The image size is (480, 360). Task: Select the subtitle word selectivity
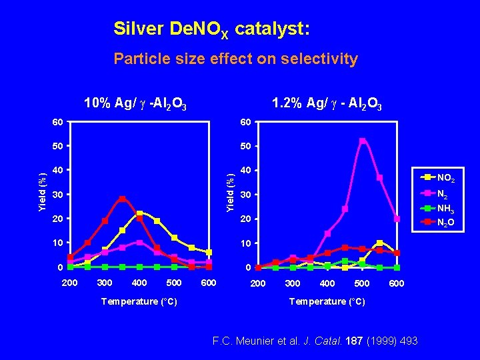click(322, 59)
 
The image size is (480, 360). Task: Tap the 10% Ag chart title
click(135, 103)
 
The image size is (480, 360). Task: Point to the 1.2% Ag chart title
click(327, 103)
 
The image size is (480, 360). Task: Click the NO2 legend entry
click(446, 178)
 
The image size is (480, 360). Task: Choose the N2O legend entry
click(446, 222)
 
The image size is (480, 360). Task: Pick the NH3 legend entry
click(446, 207)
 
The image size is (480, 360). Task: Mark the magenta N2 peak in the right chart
click(362, 141)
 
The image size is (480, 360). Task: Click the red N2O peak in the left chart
click(122, 199)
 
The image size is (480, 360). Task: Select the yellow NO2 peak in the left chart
click(139, 213)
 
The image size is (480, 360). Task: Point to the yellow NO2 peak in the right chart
click(379, 243)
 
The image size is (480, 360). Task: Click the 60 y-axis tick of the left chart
click(59, 121)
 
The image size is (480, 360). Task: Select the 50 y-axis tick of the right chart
click(247, 145)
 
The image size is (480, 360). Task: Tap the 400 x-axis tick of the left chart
click(139, 283)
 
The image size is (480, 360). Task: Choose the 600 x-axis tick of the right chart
click(397, 284)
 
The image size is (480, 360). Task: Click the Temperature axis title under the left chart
click(139, 301)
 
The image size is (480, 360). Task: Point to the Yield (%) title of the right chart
click(230, 194)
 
